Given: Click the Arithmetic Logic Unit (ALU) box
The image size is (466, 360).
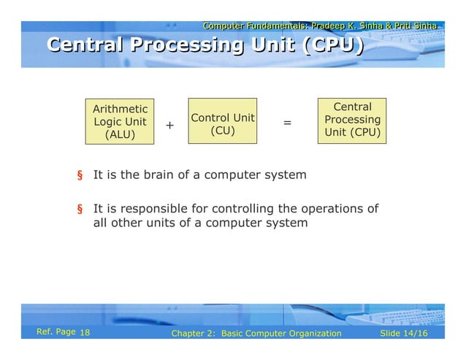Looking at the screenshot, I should pos(120,121).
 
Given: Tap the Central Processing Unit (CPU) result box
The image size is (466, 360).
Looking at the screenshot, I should pos(352,120).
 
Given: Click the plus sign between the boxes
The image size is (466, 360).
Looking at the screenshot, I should pos(169,126).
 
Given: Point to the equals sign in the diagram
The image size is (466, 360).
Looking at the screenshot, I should pos(287,123).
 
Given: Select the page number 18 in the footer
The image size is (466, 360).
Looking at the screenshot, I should pos(84,334).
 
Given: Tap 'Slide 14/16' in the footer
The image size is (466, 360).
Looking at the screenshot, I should pos(405,334).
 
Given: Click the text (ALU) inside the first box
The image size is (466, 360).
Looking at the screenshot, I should pos(120,134).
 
